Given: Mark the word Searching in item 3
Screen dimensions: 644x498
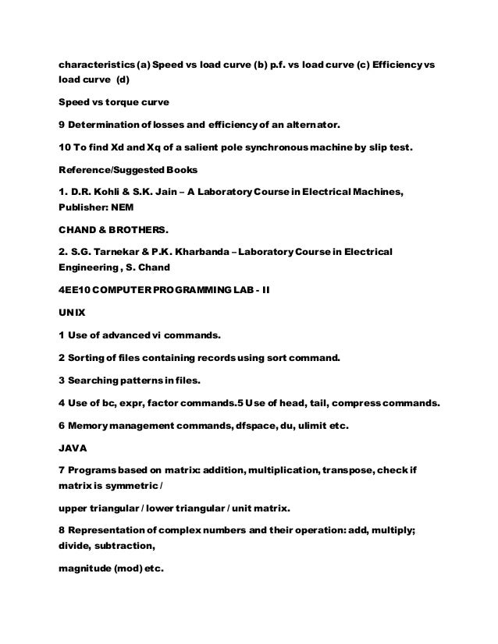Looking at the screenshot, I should click(x=99, y=381).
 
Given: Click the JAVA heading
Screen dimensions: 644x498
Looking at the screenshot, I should click(x=73, y=449).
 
